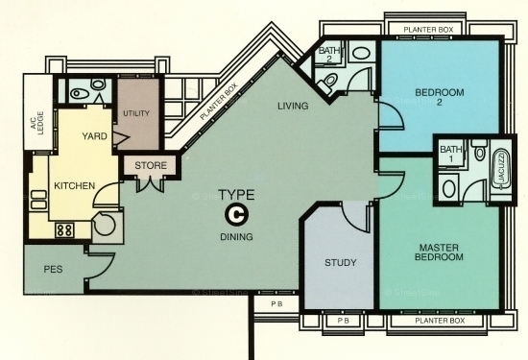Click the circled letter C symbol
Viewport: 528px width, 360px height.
236,215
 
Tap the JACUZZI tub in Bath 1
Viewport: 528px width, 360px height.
500,169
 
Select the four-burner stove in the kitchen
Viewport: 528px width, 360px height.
64,230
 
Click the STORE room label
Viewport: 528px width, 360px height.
151,166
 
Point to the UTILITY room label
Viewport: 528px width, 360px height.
136,113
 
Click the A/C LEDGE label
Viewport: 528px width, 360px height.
37,123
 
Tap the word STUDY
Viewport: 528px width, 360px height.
340,263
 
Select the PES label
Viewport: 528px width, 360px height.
53,270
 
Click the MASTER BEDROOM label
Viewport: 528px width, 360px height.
439,252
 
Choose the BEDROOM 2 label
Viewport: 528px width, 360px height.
440,97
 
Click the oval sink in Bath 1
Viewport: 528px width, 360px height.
449,188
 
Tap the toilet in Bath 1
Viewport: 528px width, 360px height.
479,150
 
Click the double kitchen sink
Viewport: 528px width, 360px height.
38,200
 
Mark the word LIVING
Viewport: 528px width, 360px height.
293,107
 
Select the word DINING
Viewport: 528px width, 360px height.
236,237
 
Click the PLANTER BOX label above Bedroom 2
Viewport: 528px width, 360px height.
428,30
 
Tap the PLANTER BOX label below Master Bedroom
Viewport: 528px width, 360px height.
440,321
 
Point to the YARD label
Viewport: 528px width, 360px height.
95,136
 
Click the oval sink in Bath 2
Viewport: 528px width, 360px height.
361,53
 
